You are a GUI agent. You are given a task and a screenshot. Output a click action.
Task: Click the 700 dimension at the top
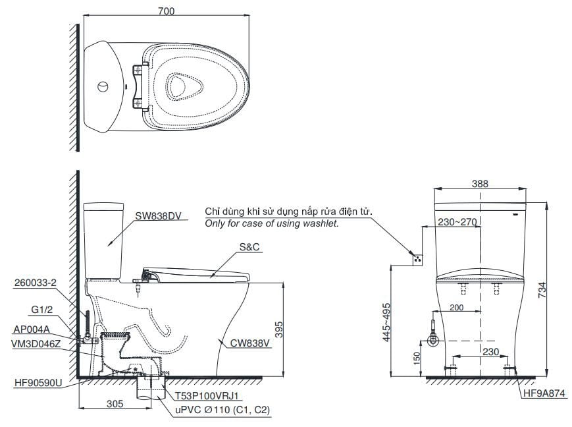(166, 11)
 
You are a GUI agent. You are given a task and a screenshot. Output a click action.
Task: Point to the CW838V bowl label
(244, 343)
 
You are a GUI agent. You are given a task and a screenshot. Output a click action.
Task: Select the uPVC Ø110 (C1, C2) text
(222, 409)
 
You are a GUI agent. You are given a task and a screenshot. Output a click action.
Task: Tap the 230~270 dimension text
(457, 223)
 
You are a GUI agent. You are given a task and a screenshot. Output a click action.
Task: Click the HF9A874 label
(544, 394)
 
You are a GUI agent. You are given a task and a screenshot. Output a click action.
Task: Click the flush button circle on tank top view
(102, 87)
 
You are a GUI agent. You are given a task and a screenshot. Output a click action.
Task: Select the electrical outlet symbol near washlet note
(416, 258)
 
